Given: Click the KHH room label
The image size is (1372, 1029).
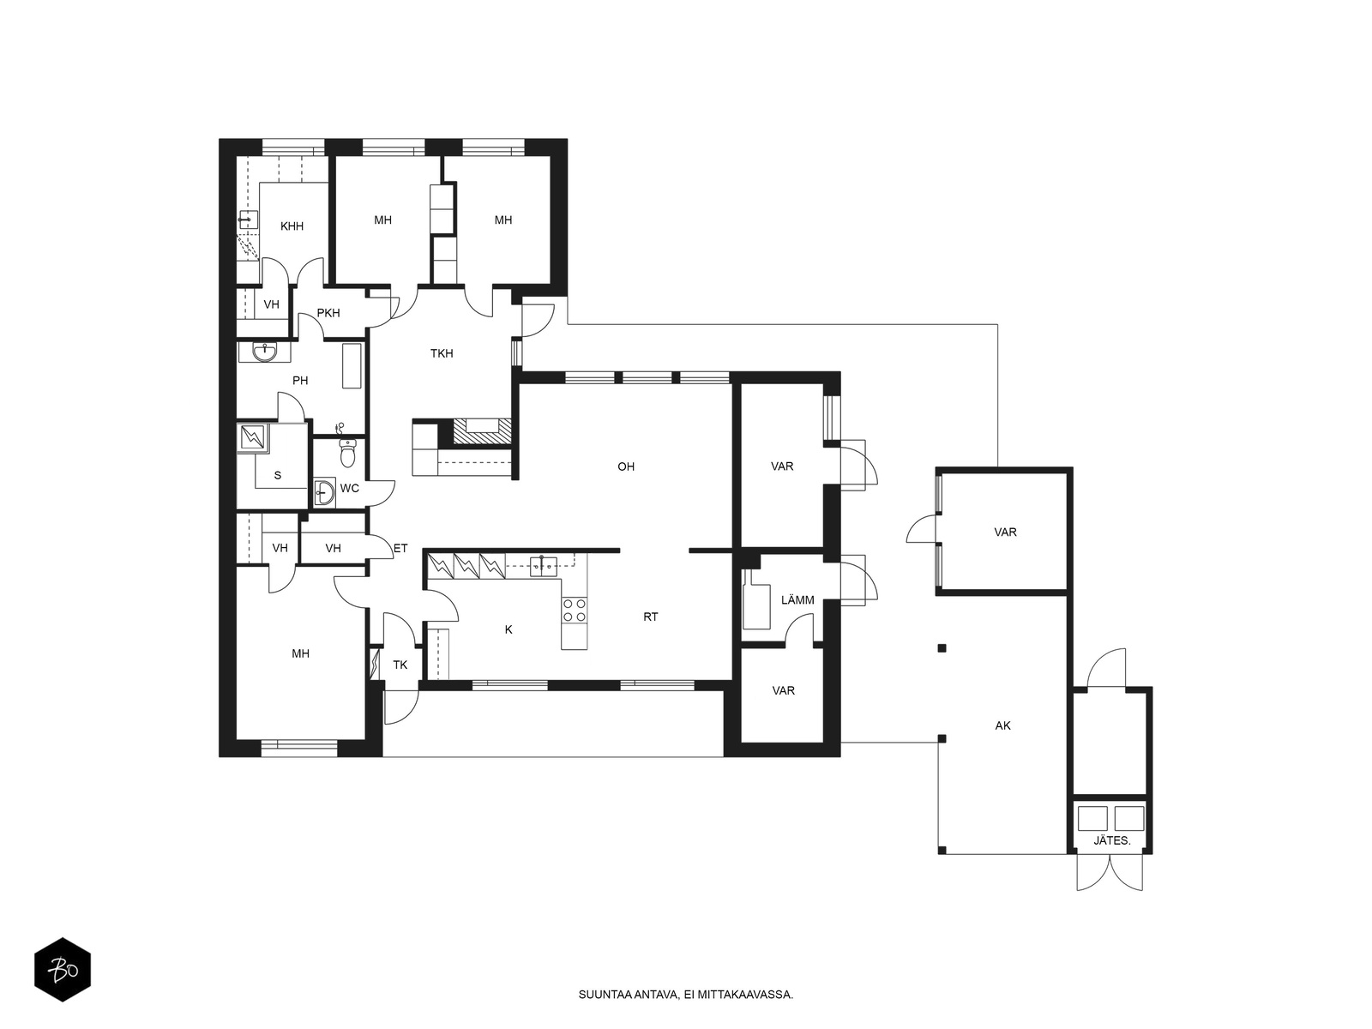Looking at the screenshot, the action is (292, 226).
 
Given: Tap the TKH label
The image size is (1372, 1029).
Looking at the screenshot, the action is (442, 353).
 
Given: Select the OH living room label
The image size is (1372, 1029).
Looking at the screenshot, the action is (626, 466).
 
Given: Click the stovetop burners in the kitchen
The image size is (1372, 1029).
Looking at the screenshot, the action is (575, 611).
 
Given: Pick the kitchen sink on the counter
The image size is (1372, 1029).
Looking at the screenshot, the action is (543, 566).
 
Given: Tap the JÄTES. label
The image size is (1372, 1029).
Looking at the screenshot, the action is (1112, 841).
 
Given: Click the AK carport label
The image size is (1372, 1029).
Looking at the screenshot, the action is (1002, 726).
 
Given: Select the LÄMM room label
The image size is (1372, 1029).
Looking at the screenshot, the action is (797, 600).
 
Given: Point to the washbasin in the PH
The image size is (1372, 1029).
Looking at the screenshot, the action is (265, 352).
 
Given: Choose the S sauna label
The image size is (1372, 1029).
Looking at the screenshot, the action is (278, 475).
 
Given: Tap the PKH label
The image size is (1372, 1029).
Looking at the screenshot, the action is (328, 313).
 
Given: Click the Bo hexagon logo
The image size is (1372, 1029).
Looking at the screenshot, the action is (63, 970).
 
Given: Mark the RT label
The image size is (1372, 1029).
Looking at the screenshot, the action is (651, 617).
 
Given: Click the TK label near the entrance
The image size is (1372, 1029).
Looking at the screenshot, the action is (400, 665).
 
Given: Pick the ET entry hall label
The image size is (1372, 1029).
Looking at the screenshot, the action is (400, 548).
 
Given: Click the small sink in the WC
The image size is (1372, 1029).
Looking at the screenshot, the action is (324, 494).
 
